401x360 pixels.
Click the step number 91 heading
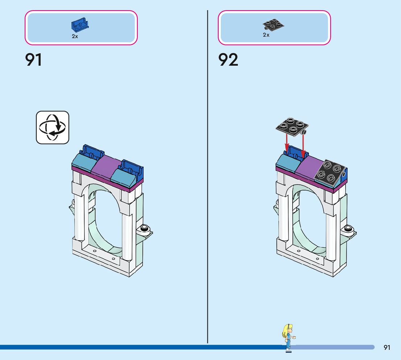pos(33,60)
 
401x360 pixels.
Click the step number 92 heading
pos(228,60)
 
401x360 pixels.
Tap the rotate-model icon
pos(52,127)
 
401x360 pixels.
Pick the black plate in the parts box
pos(273,25)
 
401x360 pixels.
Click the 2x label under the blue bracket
pos(75,37)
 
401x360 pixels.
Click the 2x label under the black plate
pos(266,35)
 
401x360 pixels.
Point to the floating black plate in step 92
pos(292,127)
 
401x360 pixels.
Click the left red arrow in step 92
pos(286,144)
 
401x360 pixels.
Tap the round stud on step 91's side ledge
pos(144,228)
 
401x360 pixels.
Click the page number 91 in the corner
pos(387,348)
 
